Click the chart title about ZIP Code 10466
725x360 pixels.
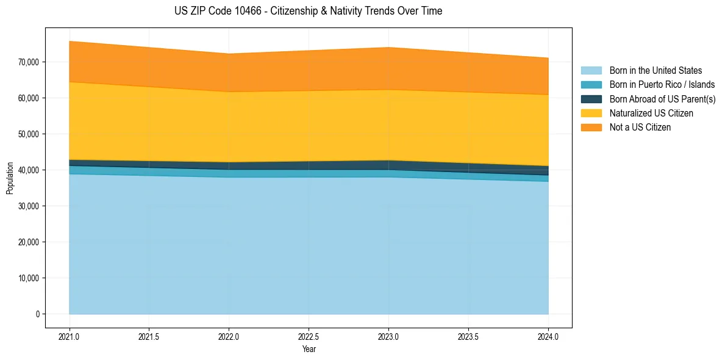pyautogui.click(x=308, y=11)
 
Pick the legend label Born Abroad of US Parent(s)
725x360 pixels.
pyautogui.click(x=662, y=99)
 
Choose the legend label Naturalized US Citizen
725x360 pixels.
pyautogui.click(x=651, y=113)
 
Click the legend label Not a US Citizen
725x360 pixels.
pyautogui.click(x=640, y=128)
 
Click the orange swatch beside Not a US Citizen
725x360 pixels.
pyautogui.click(x=591, y=128)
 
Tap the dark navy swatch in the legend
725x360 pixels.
pyautogui.click(x=591, y=99)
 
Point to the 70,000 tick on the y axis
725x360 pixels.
pyautogui.click(x=28, y=62)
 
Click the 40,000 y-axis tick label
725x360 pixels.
pyautogui.click(x=28, y=170)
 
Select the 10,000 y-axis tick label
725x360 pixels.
pyautogui.click(x=28, y=278)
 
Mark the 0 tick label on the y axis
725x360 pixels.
pyautogui.click(x=37, y=314)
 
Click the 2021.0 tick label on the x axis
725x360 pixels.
pyautogui.click(x=70, y=336)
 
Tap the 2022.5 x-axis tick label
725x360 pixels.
pyautogui.click(x=309, y=336)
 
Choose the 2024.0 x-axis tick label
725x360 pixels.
pyautogui.click(x=548, y=336)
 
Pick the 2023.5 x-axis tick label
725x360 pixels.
pyautogui.click(x=468, y=336)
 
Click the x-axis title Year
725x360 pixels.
pyautogui.click(x=309, y=349)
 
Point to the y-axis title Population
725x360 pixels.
pyautogui.click(x=10, y=178)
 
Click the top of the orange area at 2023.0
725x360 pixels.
pyautogui.click(x=388, y=48)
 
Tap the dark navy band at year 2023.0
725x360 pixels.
pyautogui.click(x=388, y=165)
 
